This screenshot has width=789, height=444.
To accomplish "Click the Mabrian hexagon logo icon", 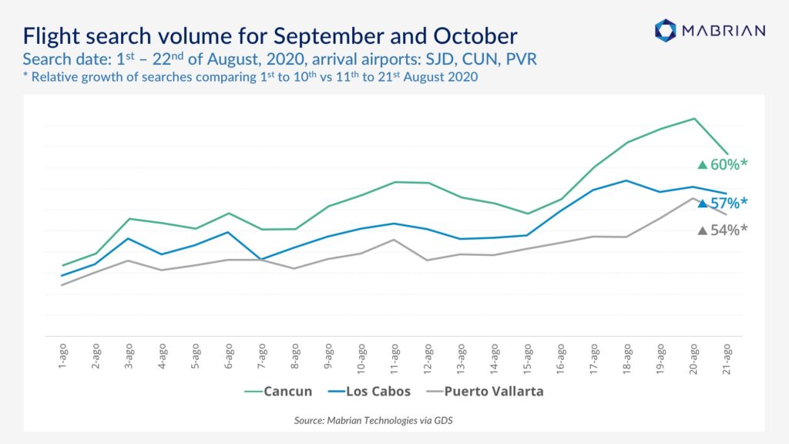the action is pyautogui.click(x=665, y=30).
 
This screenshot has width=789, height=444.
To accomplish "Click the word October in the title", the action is pyautogui.click(x=475, y=36).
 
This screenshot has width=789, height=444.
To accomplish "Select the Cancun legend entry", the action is pyautogui.click(x=278, y=391).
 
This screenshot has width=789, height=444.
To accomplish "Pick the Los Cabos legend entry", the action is pyautogui.click(x=369, y=391).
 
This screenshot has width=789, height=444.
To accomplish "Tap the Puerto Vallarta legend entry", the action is pyautogui.click(x=485, y=391).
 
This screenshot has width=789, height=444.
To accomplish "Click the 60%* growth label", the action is pyautogui.click(x=723, y=165).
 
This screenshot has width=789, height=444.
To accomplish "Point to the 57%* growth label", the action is pyautogui.click(x=723, y=203).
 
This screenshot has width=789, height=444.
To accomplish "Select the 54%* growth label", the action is pyautogui.click(x=723, y=230).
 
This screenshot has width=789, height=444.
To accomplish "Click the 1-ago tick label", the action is pyautogui.click(x=62, y=356).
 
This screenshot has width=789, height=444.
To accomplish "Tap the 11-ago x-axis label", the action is pyautogui.click(x=394, y=358).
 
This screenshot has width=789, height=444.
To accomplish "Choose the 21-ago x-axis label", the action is pyautogui.click(x=727, y=358).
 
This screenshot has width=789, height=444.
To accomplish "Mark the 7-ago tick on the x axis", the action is pyautogui.click(x=262, y=356).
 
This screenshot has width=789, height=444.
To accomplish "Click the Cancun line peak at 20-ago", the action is pyautogui.click(x=694, y=119).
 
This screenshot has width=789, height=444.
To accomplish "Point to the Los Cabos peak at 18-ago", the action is pyautogui.click(x=626, y=180).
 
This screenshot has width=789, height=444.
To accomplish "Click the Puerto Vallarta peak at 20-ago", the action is pyautogui.click(x=693, y=198).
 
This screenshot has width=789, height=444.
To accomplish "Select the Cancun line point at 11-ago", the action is pyautogui.click(x=394, y=182).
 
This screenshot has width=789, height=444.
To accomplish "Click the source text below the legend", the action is pyautogui.click(x=374, y=420).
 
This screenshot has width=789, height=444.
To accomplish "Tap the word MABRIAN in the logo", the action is pyautogui.click(x=724, y=31).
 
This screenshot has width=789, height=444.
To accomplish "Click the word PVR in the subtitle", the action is pyautogui.click(x=522, y=59).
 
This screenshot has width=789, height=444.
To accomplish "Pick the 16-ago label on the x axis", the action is pyautogui.click(x=561, y=358).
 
